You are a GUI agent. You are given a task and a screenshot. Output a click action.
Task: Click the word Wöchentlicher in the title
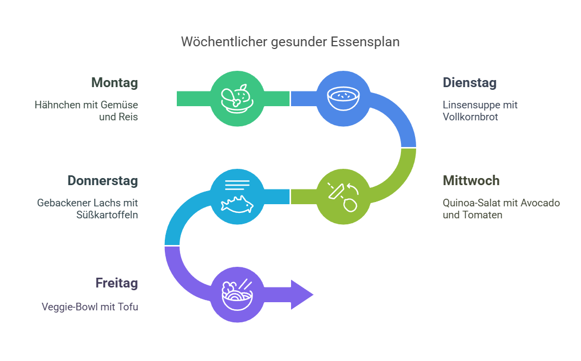click(x=224, y=41)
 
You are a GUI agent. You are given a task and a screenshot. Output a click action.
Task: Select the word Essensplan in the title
click(x=365, y=42)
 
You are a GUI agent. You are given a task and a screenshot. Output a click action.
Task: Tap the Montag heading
click(x=114, y=83)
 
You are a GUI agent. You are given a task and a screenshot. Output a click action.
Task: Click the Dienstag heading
click(x=469, y=83)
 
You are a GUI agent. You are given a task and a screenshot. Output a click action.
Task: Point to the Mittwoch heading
click(x=471, y=181)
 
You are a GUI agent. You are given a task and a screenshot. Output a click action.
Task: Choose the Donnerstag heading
click(x=103, y=181)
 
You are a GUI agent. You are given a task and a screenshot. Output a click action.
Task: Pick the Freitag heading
click(x=117, y=283)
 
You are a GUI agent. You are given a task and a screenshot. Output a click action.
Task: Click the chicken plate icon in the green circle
click(x=237, y=99)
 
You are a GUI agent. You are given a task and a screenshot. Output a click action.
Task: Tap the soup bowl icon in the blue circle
click(x=343, y=99)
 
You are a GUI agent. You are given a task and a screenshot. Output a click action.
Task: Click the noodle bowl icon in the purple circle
click(x=237, y=295)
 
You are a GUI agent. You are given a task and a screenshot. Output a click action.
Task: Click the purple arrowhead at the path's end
click(x=302, y=295)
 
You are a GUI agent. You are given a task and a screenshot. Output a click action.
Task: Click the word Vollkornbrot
click(x=470, y=117)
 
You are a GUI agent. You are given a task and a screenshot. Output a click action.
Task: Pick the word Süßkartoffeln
click(x=107, y=215)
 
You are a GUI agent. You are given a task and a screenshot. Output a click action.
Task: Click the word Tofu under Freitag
click(x=128, y=307)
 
